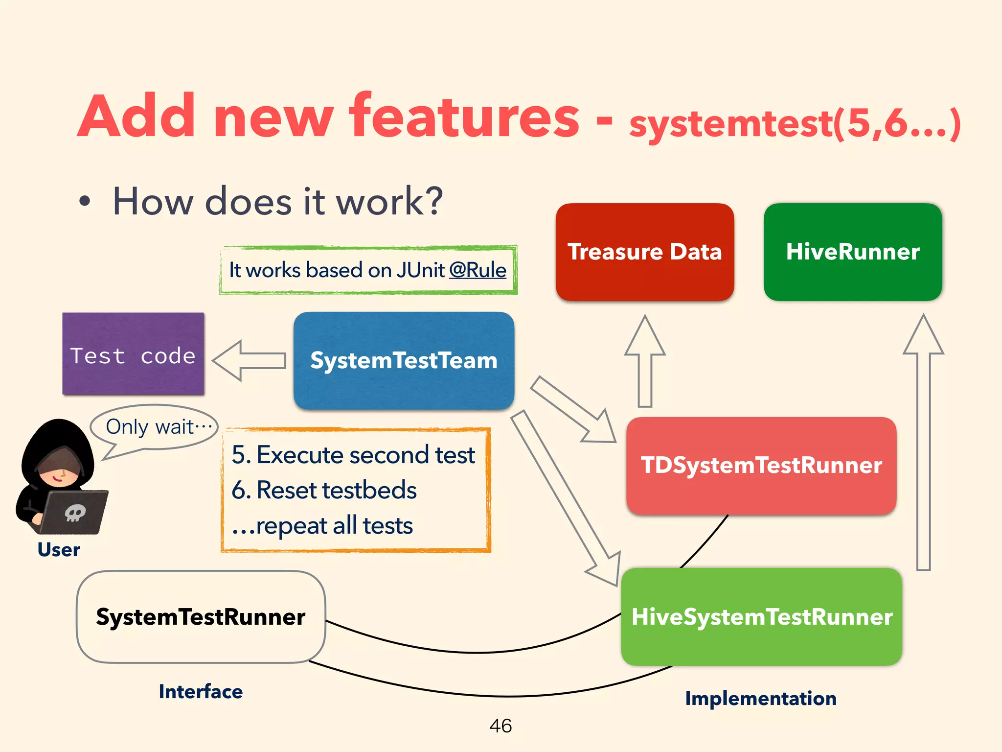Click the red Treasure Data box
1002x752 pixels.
coord(644,252)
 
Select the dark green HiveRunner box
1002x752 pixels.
coord(852,252)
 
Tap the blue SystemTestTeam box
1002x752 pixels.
coord(404,361)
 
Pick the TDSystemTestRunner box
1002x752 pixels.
coord(761,465)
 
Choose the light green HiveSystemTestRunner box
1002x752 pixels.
coord(761,617)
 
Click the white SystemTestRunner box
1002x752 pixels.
coord(201,617)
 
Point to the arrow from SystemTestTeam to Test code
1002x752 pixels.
coord(249,361)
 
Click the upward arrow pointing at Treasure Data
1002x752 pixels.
coord(645,362)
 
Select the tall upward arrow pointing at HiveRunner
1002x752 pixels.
coord(923,441)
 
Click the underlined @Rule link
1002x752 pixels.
coord(478,270)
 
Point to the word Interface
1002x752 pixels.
coord(201,692)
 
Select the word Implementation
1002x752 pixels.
coord(760,699)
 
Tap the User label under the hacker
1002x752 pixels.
coord(59,550)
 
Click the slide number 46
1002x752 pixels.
coord(501,726)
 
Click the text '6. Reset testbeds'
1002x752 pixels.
coord(324,490)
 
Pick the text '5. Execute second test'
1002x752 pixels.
coord(353,455)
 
